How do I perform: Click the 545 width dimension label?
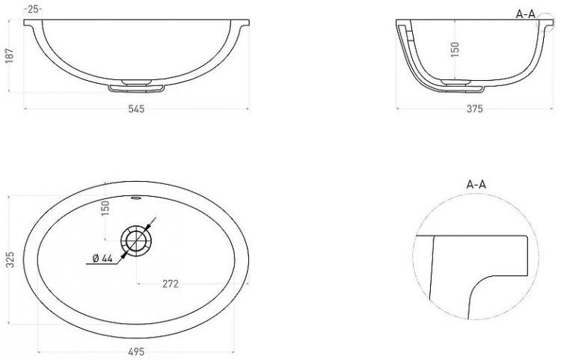coord(136,109)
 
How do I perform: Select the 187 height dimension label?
coord(10,56)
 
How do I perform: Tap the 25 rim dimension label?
coord(33,10)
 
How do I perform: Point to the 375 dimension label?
coord(474,109)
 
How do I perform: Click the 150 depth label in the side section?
coord(454,49)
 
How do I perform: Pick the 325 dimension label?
coord(10,260)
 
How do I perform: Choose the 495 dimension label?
coord(136,352)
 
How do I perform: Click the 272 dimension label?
coord(171,284)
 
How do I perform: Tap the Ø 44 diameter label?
coord(102,258)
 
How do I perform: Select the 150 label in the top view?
coord(105,208)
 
